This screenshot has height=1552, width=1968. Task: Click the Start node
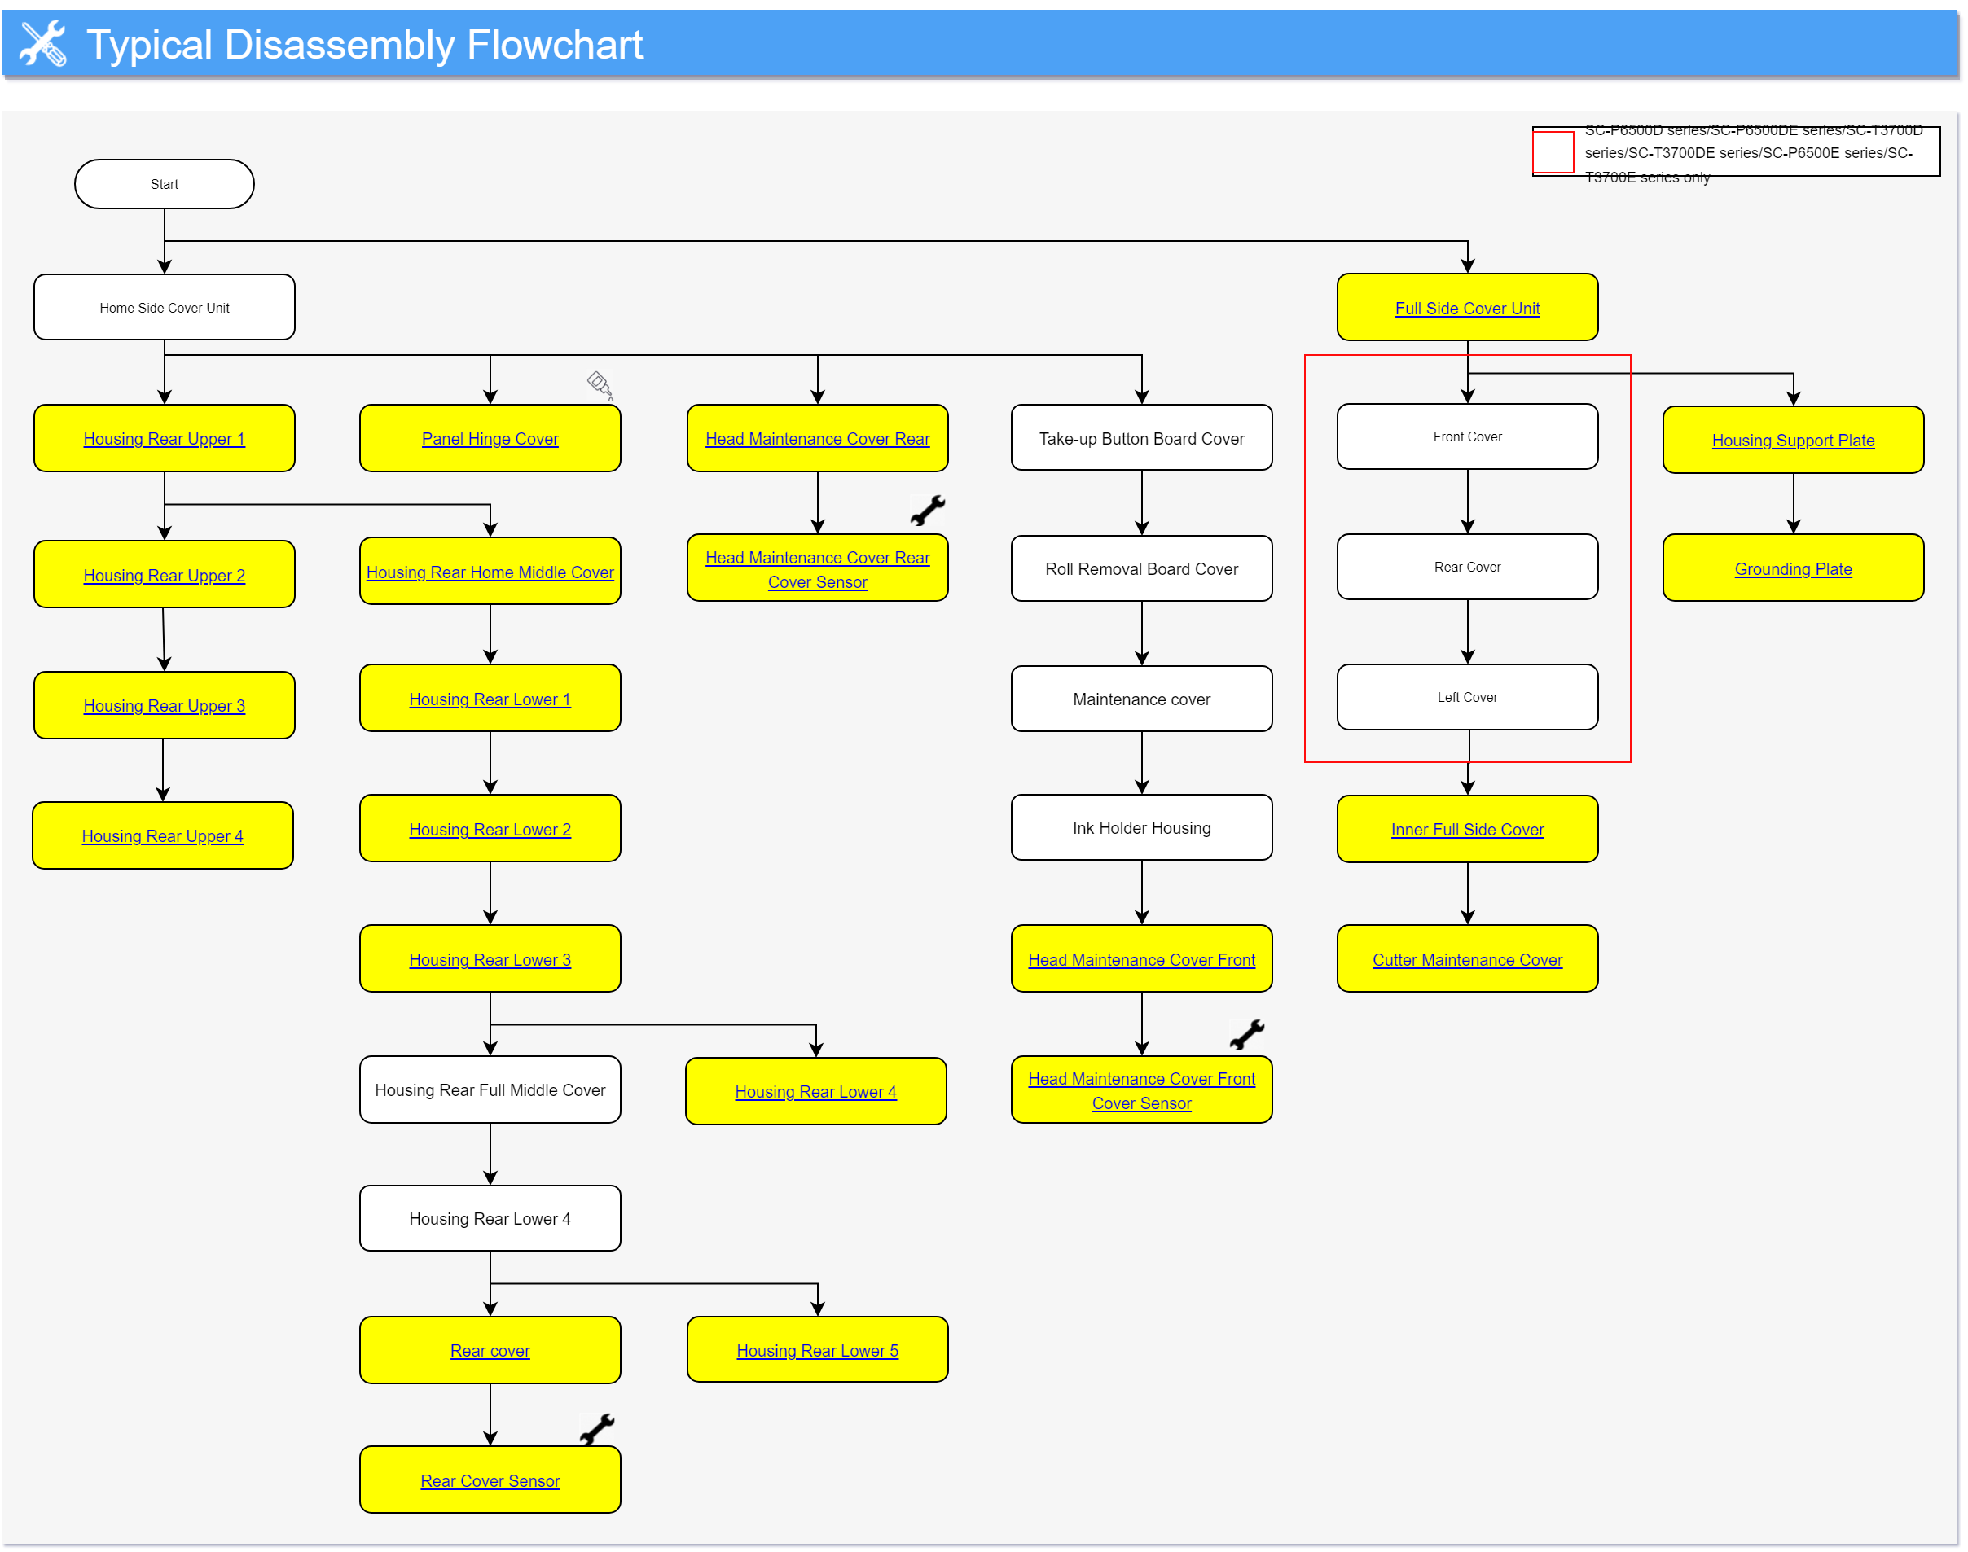click(165, 185)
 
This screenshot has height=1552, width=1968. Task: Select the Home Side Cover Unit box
click(165, 308)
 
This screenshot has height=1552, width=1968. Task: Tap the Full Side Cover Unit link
click(1467, 309)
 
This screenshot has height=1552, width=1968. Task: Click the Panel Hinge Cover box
click(490, 439)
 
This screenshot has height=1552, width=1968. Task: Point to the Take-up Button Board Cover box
click(1142, 439)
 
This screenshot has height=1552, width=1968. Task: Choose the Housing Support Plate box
click(1793, 441)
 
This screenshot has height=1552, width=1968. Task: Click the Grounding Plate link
click(1793, 570)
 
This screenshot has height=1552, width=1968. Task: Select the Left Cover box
click(1467, 698)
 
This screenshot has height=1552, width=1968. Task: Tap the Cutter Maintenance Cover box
click(1467, 959)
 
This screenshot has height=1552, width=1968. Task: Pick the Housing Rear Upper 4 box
click(163, 836)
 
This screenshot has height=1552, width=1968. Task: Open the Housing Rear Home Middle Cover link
click(490, 572)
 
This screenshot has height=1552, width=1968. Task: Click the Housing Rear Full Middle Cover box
click(490, 1090)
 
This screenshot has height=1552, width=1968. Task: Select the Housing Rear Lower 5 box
click(817, 1351)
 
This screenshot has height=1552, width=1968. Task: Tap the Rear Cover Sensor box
click(490, 1481)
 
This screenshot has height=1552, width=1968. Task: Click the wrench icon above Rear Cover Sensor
click(597, 1429)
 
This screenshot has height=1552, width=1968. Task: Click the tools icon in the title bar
click(42, 44)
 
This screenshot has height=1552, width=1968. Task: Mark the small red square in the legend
click(1553, 151)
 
